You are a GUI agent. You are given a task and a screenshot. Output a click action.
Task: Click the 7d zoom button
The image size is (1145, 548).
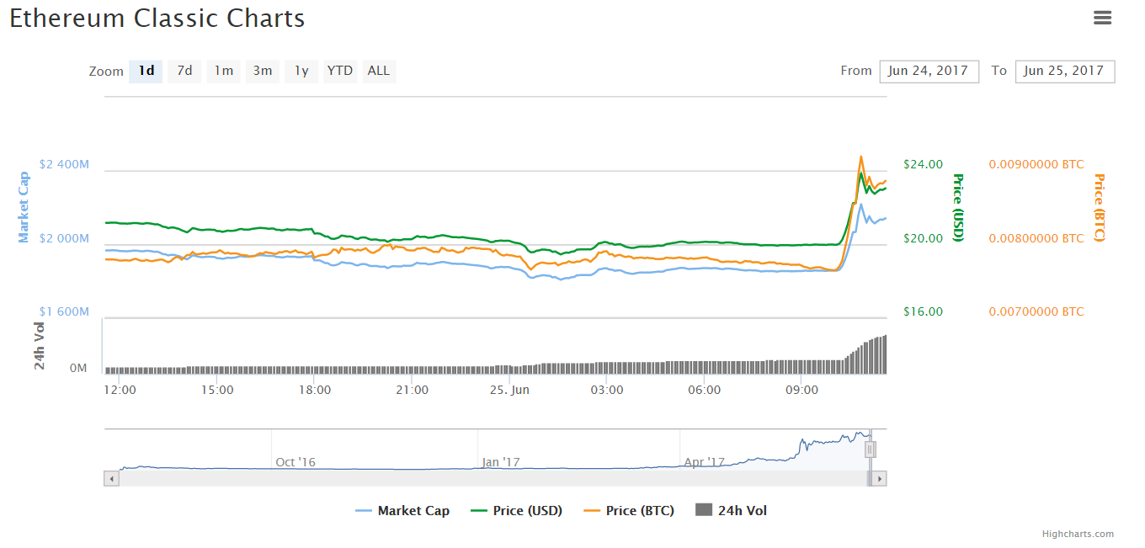tap(184, 71)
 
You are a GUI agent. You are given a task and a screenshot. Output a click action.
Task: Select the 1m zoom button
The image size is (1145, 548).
tap(223, 71)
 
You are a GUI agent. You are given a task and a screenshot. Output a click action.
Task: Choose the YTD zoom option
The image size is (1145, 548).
tap(340, 71)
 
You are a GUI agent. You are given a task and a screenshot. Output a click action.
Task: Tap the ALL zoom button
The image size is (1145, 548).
tap(379, 71)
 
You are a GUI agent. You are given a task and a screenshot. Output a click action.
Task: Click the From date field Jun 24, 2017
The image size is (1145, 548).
tap(929, 72)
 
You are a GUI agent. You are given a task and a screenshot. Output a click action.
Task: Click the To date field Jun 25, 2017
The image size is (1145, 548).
tap(1065, 72)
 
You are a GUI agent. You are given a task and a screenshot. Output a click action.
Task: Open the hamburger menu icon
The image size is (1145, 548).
tap(1103, 18)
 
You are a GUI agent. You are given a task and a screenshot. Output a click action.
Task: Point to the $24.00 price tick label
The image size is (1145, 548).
tap(923, 164)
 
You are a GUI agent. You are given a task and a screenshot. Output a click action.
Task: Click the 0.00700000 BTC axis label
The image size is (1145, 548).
tap(1036, 311)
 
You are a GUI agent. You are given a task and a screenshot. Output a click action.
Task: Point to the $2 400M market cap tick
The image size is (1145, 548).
tap(64, 164)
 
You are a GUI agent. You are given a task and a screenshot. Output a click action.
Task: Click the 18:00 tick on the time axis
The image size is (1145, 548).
tap(315, 390)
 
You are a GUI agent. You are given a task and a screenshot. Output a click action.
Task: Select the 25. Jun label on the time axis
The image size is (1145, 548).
tap(510, 390)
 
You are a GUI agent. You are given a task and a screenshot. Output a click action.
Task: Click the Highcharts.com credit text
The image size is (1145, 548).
tap(1078, 534)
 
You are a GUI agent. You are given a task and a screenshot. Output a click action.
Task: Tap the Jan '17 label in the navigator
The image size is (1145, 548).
tap(502, 462)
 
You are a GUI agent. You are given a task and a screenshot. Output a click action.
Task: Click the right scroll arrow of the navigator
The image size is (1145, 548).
tap(879, 478)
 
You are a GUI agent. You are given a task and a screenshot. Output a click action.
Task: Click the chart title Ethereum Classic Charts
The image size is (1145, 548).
tap(157, 19)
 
